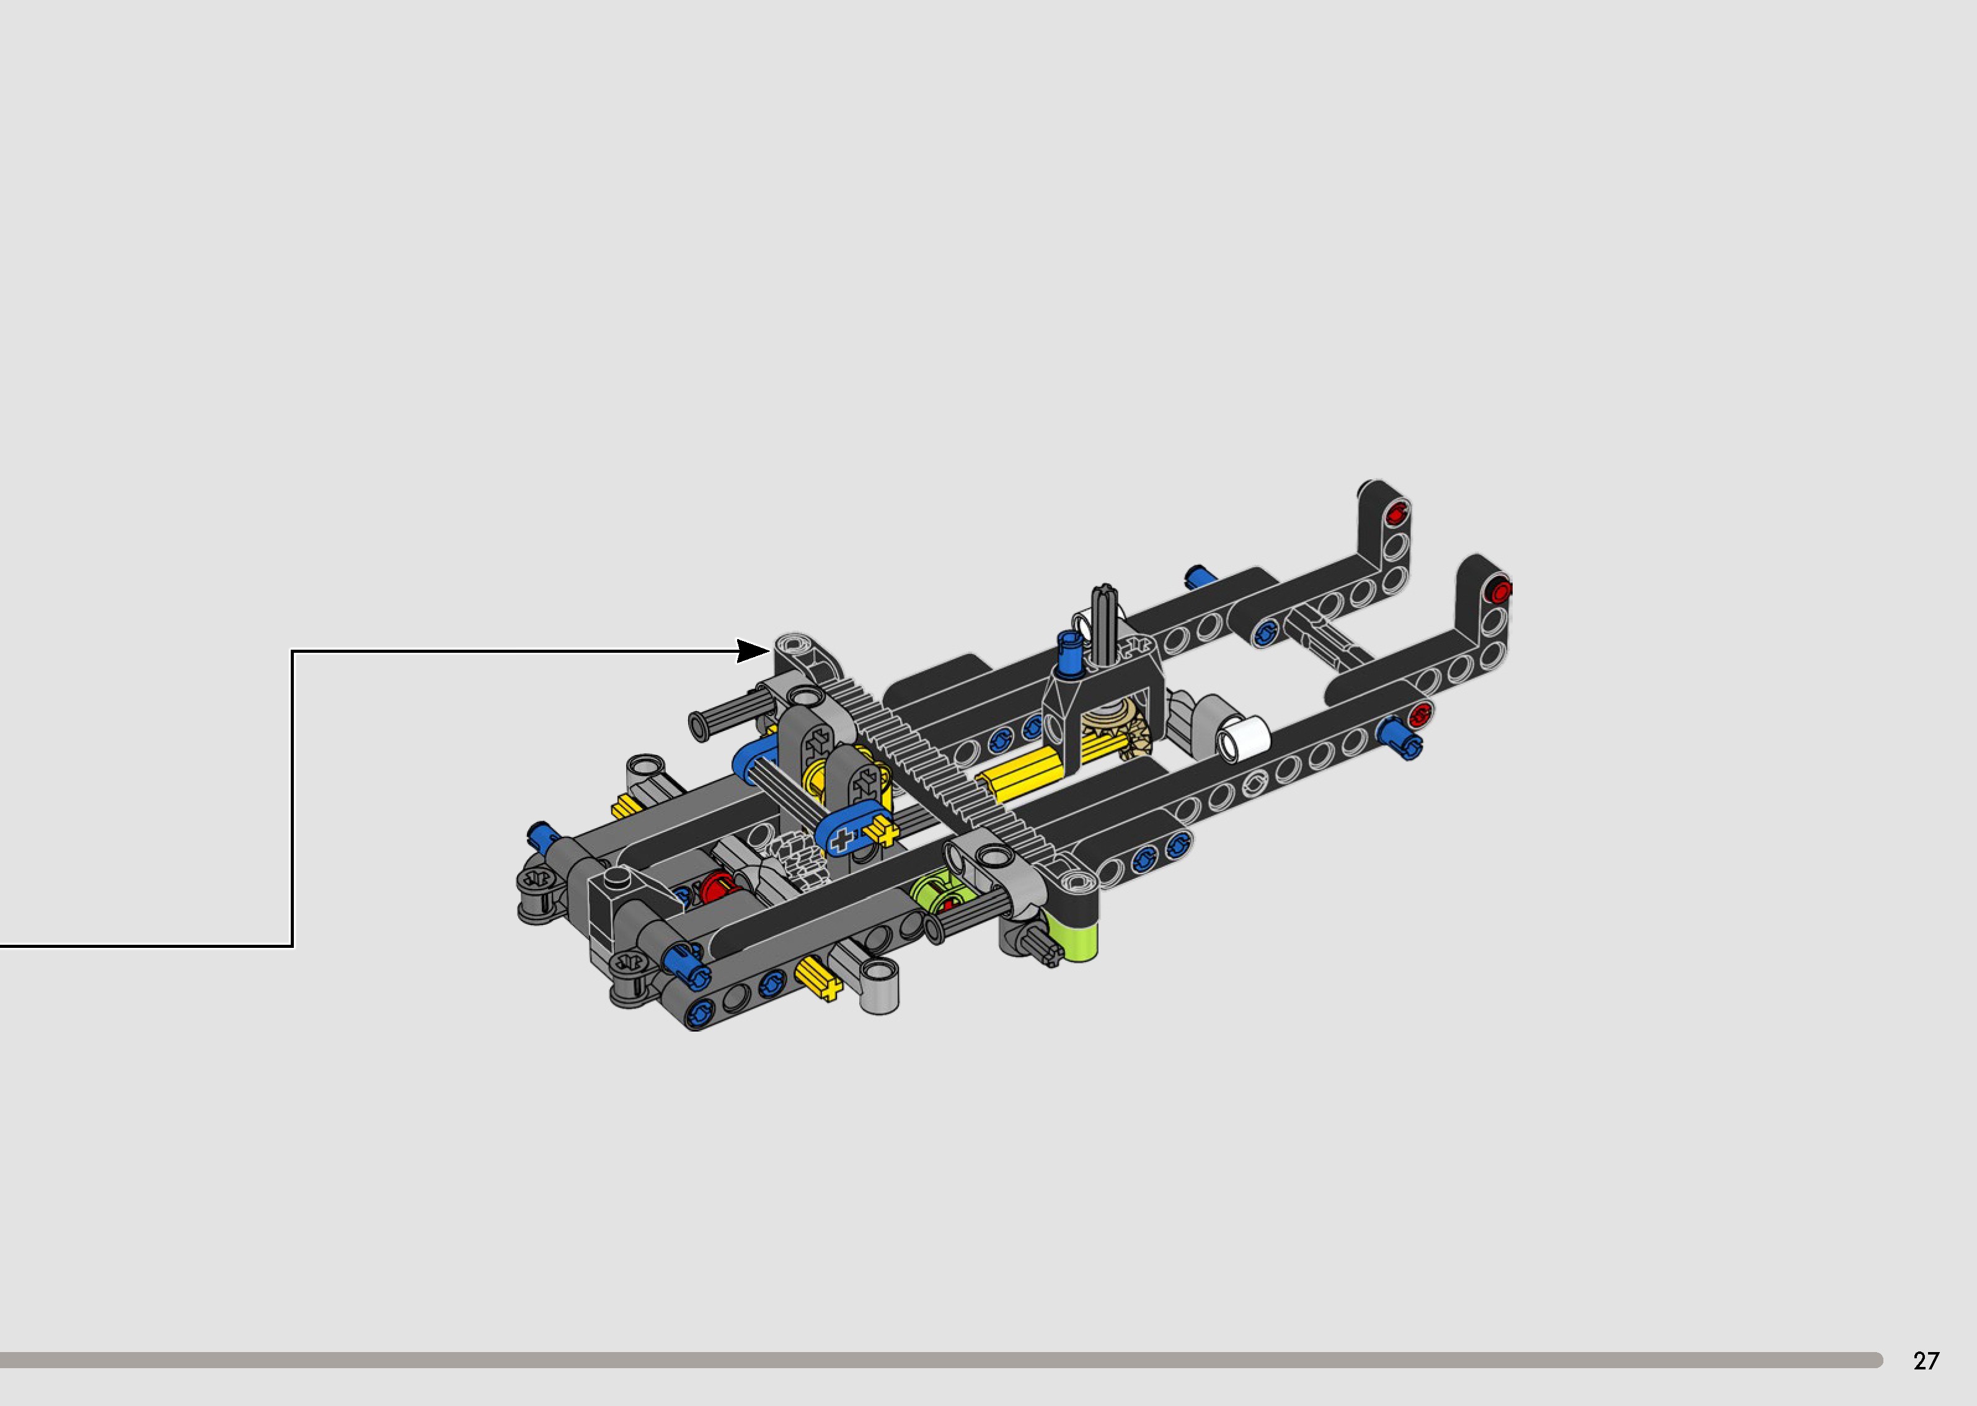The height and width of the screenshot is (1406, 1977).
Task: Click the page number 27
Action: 1926,1361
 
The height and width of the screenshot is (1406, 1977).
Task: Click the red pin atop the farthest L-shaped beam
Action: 1394,513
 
